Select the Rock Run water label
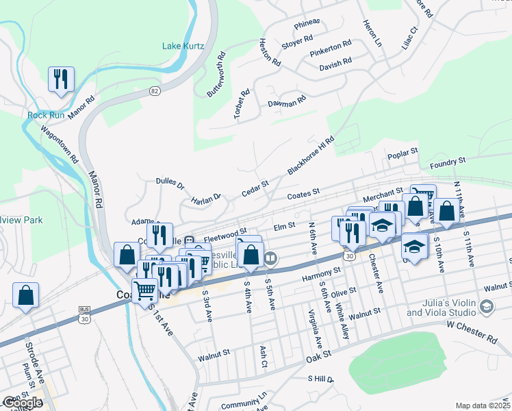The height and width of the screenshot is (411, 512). tap(46, 115)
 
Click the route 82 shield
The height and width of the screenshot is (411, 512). tap(156, 91)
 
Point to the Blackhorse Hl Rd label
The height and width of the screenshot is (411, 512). tap(311, 155)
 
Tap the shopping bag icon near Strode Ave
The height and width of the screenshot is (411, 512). tap(25, 296)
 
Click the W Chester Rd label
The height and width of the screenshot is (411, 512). tap(473, 329)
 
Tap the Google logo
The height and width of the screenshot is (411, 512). tap(22, 403)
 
